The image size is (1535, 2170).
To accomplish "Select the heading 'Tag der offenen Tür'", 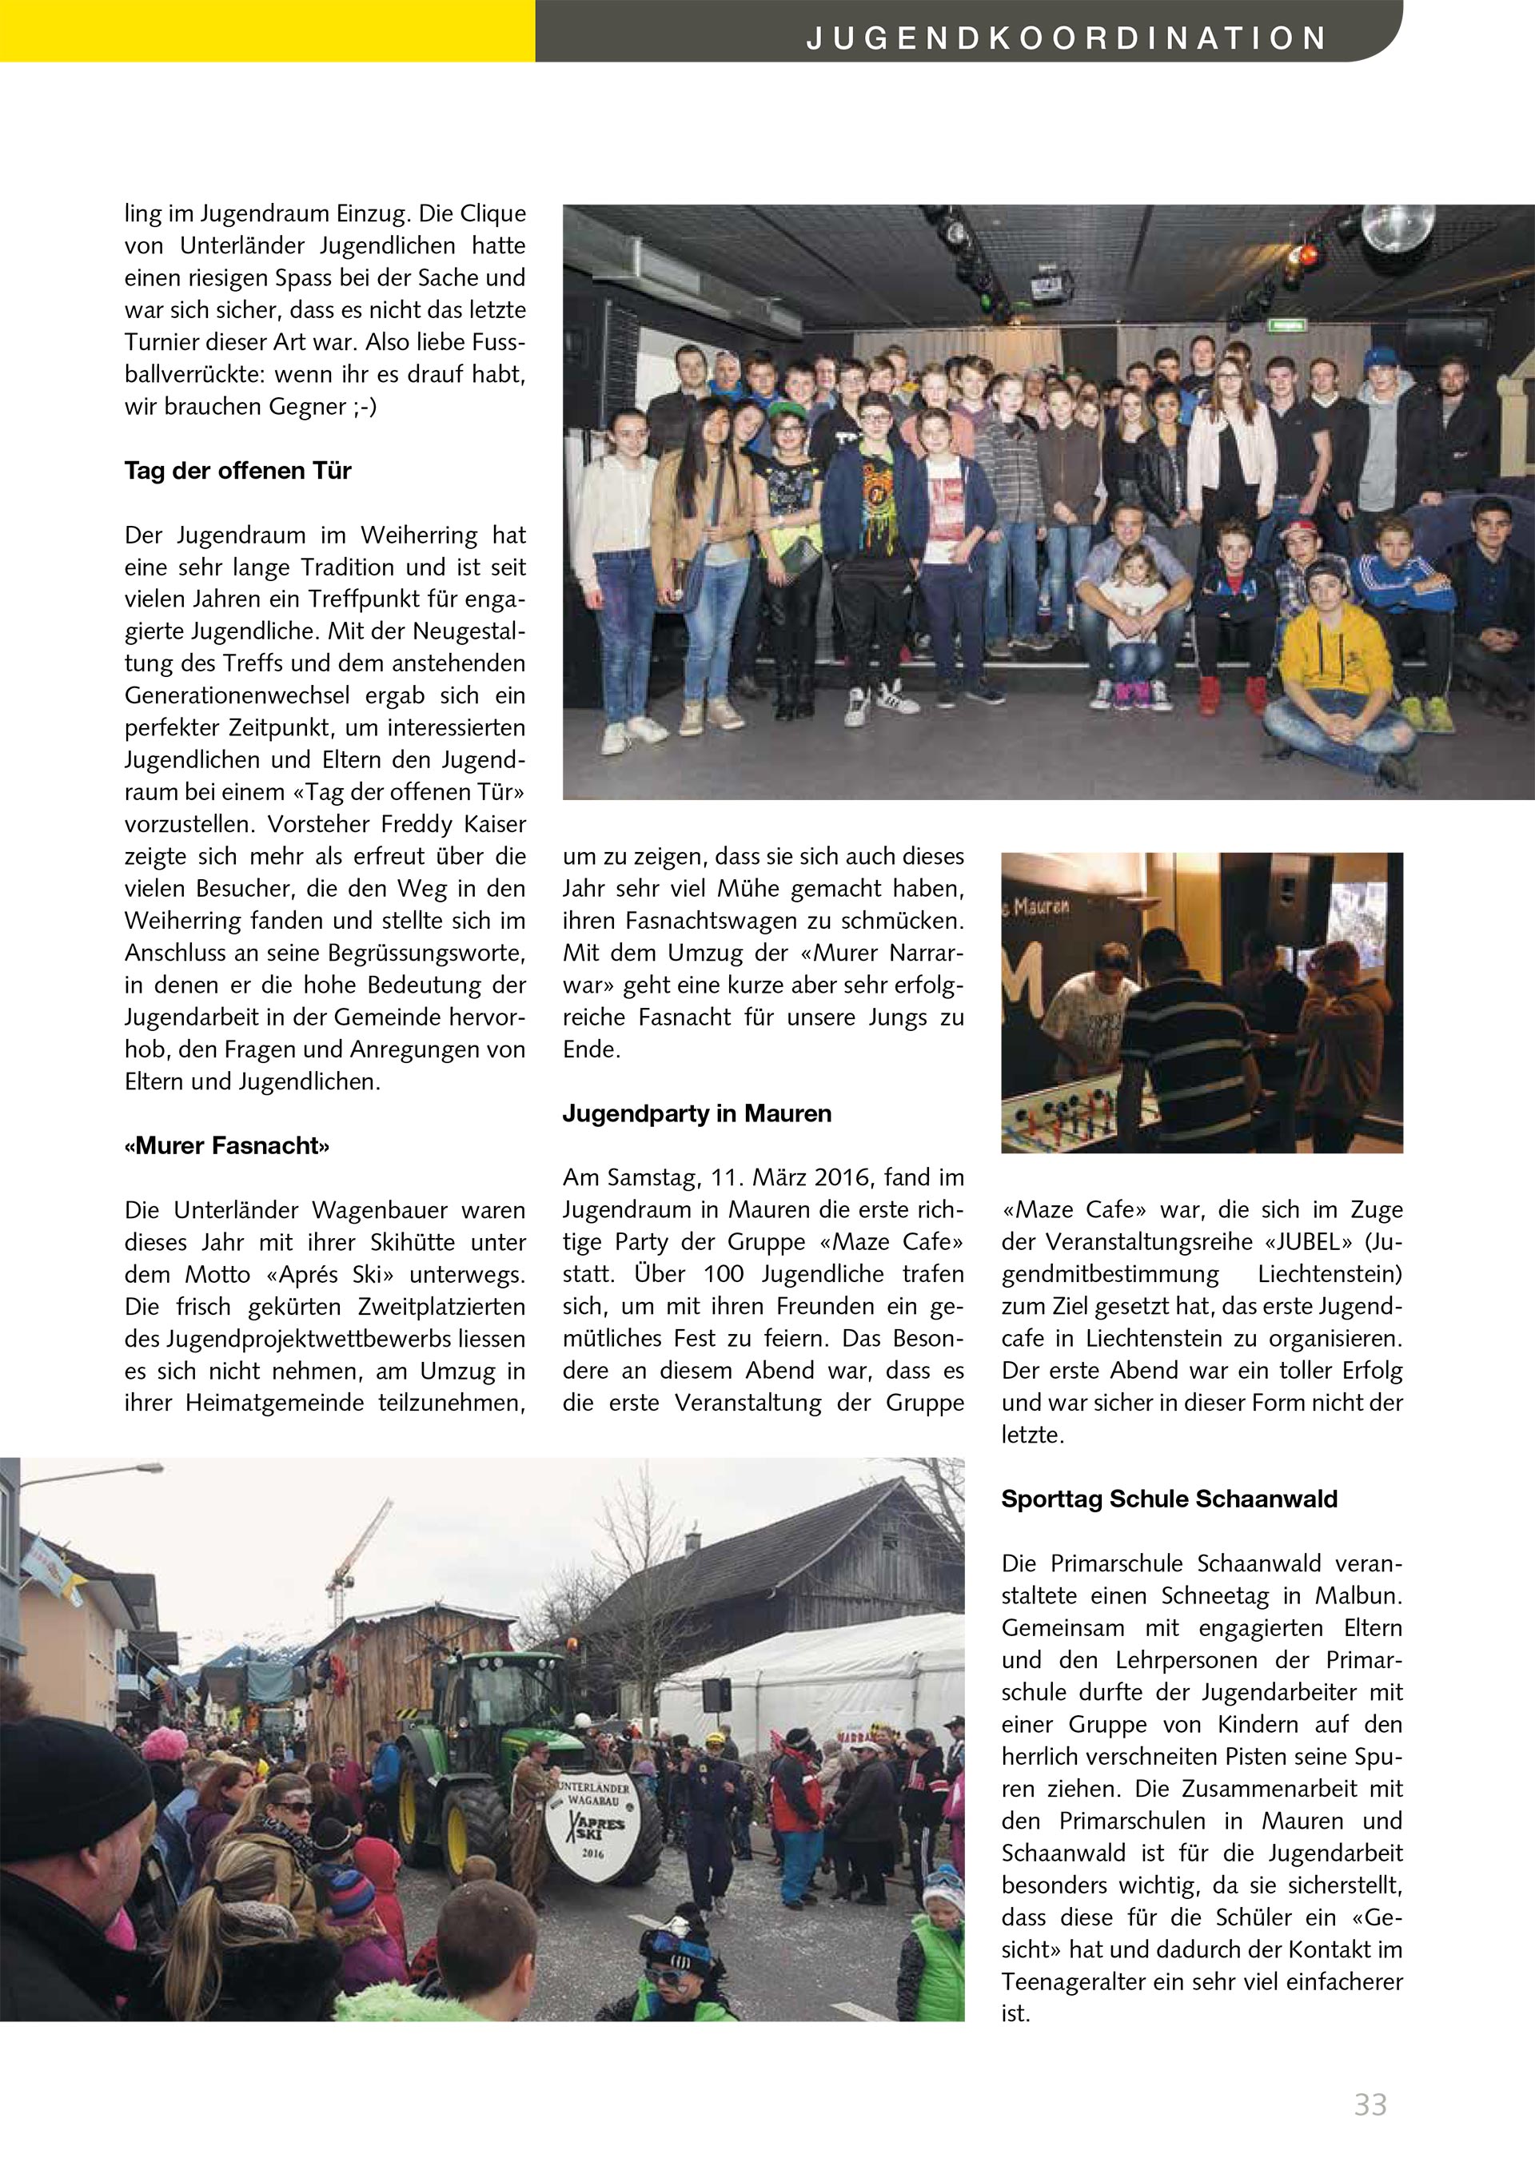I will click(x=237, y=471).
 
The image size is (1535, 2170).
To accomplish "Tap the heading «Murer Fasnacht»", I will click(x=227, y=1145).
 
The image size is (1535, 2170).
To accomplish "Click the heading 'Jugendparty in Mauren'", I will click(x=696, y=1113).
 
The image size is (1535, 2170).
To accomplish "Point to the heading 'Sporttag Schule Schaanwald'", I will click(x=1169, y=1499).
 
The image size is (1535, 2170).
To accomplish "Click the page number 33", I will click(x=1370, y=2104).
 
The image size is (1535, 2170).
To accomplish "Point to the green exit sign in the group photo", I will click(x=1287, y=325).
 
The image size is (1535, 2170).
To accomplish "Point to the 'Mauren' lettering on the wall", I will click(x=1042, y=906).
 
